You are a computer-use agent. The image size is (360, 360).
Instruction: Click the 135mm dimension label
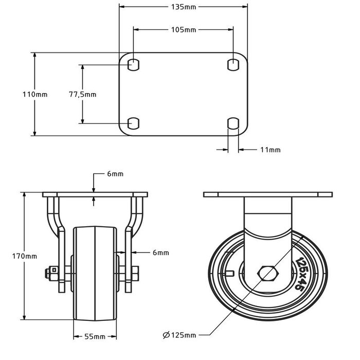(183, 7)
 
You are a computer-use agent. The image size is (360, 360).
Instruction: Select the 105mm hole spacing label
(183, 30)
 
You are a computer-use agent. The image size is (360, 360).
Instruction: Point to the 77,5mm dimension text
(83, 95)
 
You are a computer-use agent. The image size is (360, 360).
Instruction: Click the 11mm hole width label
(271, 150)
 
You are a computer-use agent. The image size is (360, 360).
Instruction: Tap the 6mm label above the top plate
(115, 174)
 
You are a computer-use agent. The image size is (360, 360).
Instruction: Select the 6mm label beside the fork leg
(161, 253)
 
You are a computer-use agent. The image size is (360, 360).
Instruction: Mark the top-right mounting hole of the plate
(233, 65)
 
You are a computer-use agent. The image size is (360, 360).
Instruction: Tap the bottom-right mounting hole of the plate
(233, 123)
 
